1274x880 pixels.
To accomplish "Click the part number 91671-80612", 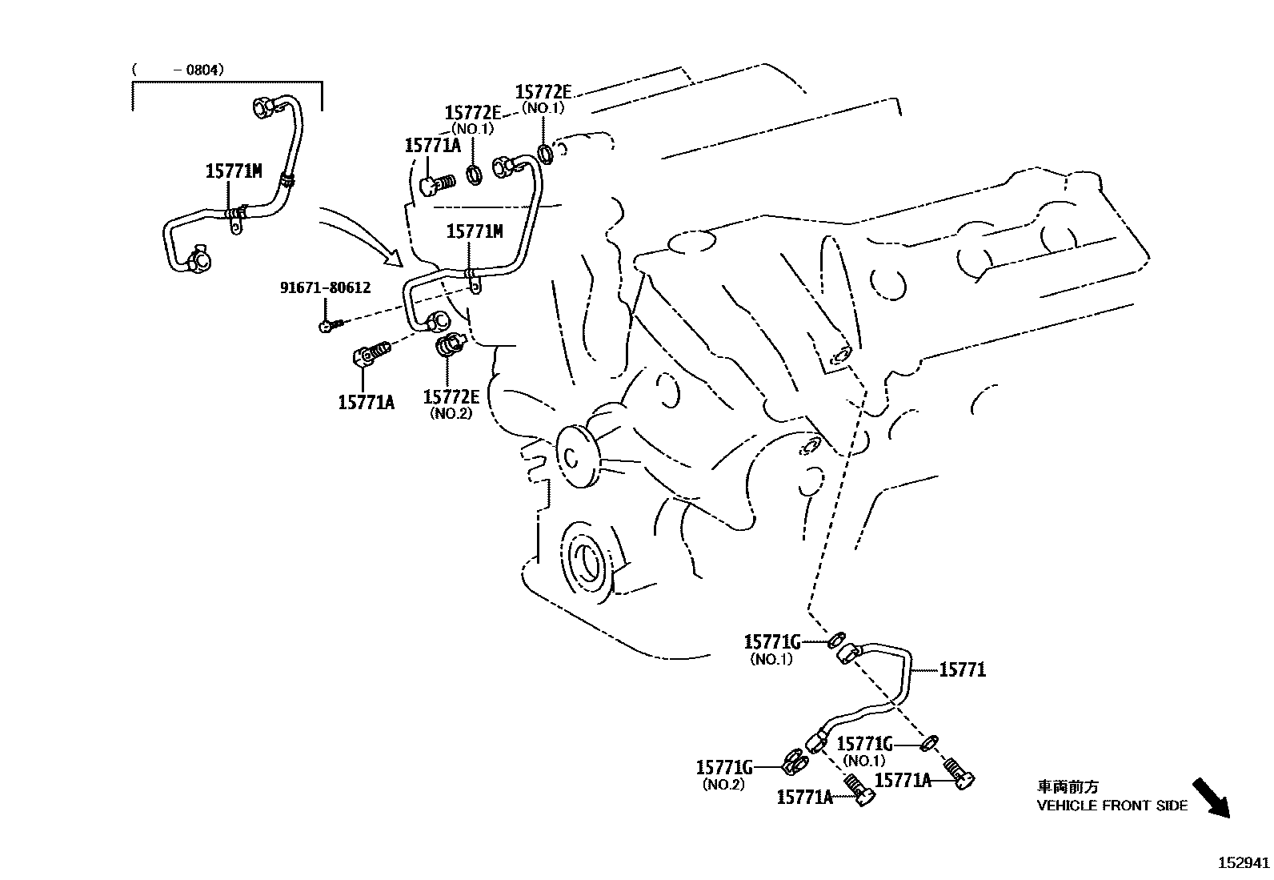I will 325,287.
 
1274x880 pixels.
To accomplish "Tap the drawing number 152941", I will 1244,863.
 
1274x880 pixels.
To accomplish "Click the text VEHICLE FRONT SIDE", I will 1112,806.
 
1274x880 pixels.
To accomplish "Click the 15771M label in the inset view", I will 233,171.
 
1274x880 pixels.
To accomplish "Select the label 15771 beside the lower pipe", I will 962,670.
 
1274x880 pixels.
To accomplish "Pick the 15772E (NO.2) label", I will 451,398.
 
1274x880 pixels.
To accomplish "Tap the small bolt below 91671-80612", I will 330,325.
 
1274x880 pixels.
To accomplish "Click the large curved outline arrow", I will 360,235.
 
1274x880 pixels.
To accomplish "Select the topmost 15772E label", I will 543,93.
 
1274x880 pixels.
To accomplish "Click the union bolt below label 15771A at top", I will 436,184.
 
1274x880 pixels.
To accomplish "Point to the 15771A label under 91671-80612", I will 366,402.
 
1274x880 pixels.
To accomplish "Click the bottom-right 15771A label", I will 903,780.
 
